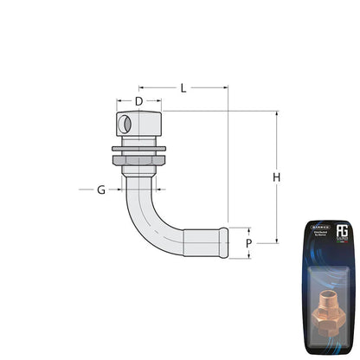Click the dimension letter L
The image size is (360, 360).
183,88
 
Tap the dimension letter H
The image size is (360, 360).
277,177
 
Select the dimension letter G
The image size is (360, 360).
101,190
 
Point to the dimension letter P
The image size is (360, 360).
248,243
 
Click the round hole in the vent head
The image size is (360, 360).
126,125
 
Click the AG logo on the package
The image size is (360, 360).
342,234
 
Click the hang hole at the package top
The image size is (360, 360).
331,223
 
